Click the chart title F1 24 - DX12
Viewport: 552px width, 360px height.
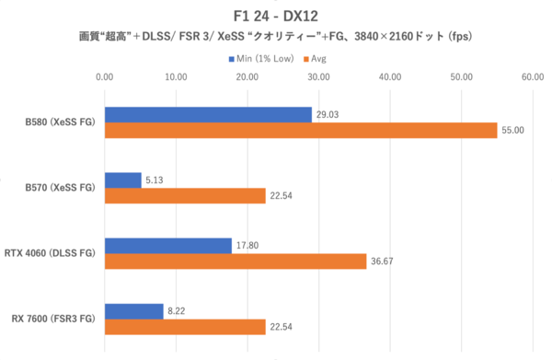(x=276, y=16)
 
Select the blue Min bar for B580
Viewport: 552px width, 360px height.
(x=209, y=114)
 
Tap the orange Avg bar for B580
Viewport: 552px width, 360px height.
(x=301, y=130)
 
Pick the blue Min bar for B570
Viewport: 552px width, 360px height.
(x=123, y=180)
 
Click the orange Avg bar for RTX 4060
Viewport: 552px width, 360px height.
(x=236, y=261)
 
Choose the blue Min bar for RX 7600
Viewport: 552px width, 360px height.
(x=134, y=311)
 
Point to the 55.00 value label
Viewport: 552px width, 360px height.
(x=512, y=131)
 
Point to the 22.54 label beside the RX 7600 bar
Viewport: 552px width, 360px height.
(x=281, y=327)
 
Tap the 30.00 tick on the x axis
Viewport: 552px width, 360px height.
(x=319, y=77)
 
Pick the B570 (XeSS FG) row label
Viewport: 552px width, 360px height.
(x=60, y=188)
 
